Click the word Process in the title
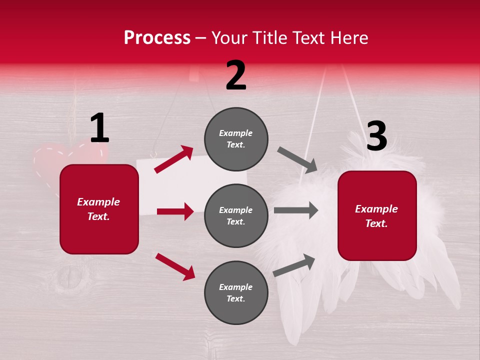tap(157, 37)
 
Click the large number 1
tap(99, 128)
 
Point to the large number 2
tap(236, 75)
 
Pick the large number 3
tap(376, 136)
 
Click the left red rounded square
tap(99, 209)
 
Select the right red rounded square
tap(377, 215)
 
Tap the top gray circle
tap(236, 139)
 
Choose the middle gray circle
tap(236, 215)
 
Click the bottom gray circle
tap(236, 292)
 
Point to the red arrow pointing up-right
tap(174, 159)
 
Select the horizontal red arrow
tap(175, 211)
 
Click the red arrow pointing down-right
tap(175, 266)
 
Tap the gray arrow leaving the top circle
tap(297, 159)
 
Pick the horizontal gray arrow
tap(296, 210)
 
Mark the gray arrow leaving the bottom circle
tap(294, 265)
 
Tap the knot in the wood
tap(73, 283)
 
